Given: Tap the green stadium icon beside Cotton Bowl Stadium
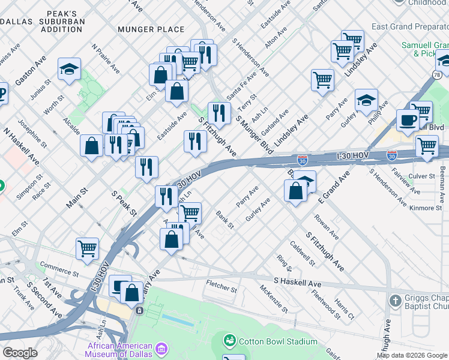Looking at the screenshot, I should click(x=229, y=341).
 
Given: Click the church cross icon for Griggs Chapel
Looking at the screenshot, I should click(x=395, y=300).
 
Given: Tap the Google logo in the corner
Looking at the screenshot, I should click(x=20, y=353).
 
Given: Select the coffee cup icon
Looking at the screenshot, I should click(x=408, y=119).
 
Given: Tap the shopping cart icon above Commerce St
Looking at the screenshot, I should click(x=88, y=248).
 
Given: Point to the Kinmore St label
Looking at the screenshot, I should click(x=424, y=208).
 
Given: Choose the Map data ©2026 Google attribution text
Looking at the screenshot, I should click(x=412, y=355).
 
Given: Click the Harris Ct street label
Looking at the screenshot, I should click(x=345, y=308).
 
